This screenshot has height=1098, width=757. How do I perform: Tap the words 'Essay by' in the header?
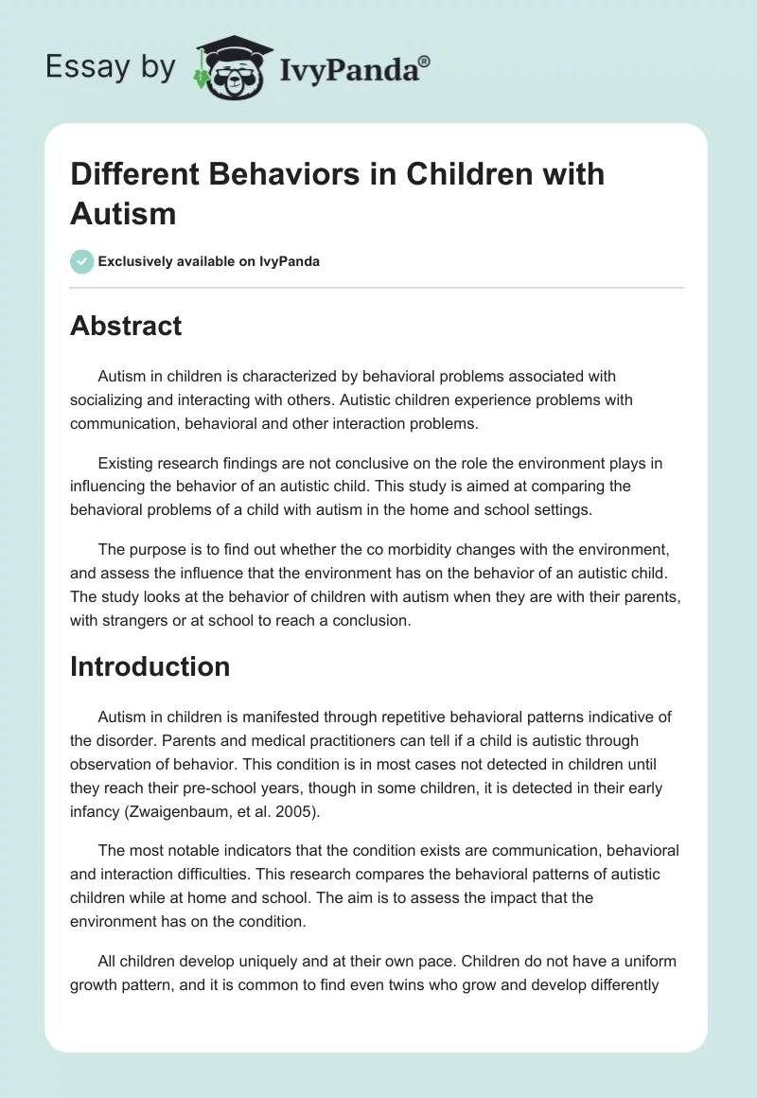coord(111,66)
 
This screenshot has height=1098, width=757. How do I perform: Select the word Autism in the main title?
coord(123,213)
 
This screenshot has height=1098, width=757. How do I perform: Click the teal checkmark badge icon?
coord(82,261)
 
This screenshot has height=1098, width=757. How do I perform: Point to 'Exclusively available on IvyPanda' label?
coord(209,261)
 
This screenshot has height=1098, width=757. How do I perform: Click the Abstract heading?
coord(126,326)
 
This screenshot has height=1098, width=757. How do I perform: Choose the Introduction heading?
coord(150,666)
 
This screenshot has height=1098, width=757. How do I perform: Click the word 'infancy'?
coord(96,809)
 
